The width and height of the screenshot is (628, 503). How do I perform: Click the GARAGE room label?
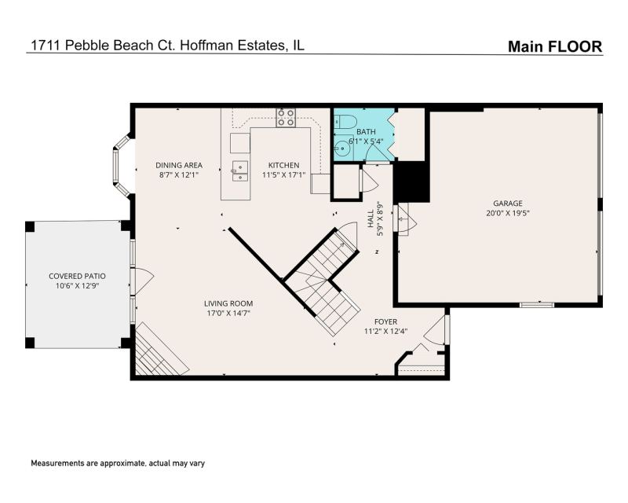(507, 204)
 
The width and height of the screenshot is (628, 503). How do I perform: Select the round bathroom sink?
(343, 149)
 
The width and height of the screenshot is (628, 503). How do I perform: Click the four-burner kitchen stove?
(286, 118)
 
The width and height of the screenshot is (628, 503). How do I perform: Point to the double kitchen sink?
(239, 171)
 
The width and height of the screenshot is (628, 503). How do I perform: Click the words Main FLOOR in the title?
(555, 46)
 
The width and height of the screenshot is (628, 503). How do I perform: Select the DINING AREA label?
(179, 165)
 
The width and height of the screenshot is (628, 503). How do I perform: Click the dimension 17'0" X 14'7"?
(228, 314)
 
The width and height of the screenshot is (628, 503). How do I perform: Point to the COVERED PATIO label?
(77, 277)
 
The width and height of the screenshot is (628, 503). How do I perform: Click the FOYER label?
(385, 321)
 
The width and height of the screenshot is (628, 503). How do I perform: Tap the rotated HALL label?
(371, 219)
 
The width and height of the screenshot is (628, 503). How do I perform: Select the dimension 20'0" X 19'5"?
(507, 213)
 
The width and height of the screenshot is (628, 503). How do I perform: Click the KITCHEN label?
(283, 165)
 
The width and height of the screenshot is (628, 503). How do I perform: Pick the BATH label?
(366, 131)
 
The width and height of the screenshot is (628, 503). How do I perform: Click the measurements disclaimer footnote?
(118, 463)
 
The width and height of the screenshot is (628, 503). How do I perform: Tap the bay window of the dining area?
(121, 167)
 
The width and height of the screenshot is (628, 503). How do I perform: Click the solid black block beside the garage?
(412, 182)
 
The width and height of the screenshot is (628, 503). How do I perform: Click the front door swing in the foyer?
(435, 330)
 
